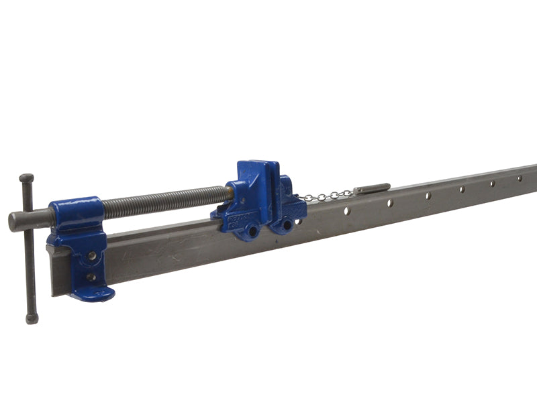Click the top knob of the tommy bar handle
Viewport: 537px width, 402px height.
[26, 179]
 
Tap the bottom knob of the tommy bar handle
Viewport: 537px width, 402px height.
[31, 320]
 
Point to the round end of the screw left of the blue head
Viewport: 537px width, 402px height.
[15, 221]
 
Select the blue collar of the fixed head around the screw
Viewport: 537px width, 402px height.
[75, 213]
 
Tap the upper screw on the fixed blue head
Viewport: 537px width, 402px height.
[91, 256]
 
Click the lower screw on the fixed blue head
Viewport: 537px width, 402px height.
[91, 277]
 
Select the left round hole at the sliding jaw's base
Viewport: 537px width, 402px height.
[254, 230]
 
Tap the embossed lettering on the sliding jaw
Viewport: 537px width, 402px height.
[237, 222]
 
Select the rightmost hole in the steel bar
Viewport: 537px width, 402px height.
[519, 178]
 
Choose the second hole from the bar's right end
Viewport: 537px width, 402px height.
[492, 183]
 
